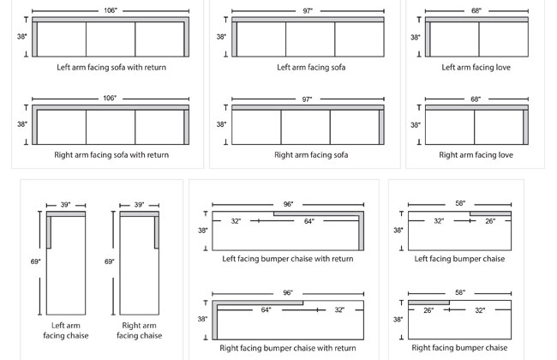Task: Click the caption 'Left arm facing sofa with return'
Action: click(111, 67)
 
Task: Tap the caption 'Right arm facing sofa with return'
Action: click(112, 155)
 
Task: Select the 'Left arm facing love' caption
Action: click(476, 67)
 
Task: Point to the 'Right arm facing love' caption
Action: click(476, 155)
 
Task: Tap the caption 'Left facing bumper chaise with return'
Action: click(288, 258)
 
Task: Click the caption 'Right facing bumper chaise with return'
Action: click(288, 348)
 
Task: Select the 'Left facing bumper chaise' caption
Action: click(459, 258)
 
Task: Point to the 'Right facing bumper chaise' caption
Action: click(459, 347)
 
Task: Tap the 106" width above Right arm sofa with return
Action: click(110, 99)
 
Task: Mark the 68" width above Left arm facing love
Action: click(476, 12)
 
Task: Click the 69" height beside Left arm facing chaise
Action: click(37, 261)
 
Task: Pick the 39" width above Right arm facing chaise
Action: click(139, 206)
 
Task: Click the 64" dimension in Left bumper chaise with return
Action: click(308, 221)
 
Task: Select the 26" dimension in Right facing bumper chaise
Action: click(428, 310)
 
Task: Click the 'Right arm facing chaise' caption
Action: click(139, 330)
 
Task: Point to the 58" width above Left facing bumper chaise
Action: click(460, 204)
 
